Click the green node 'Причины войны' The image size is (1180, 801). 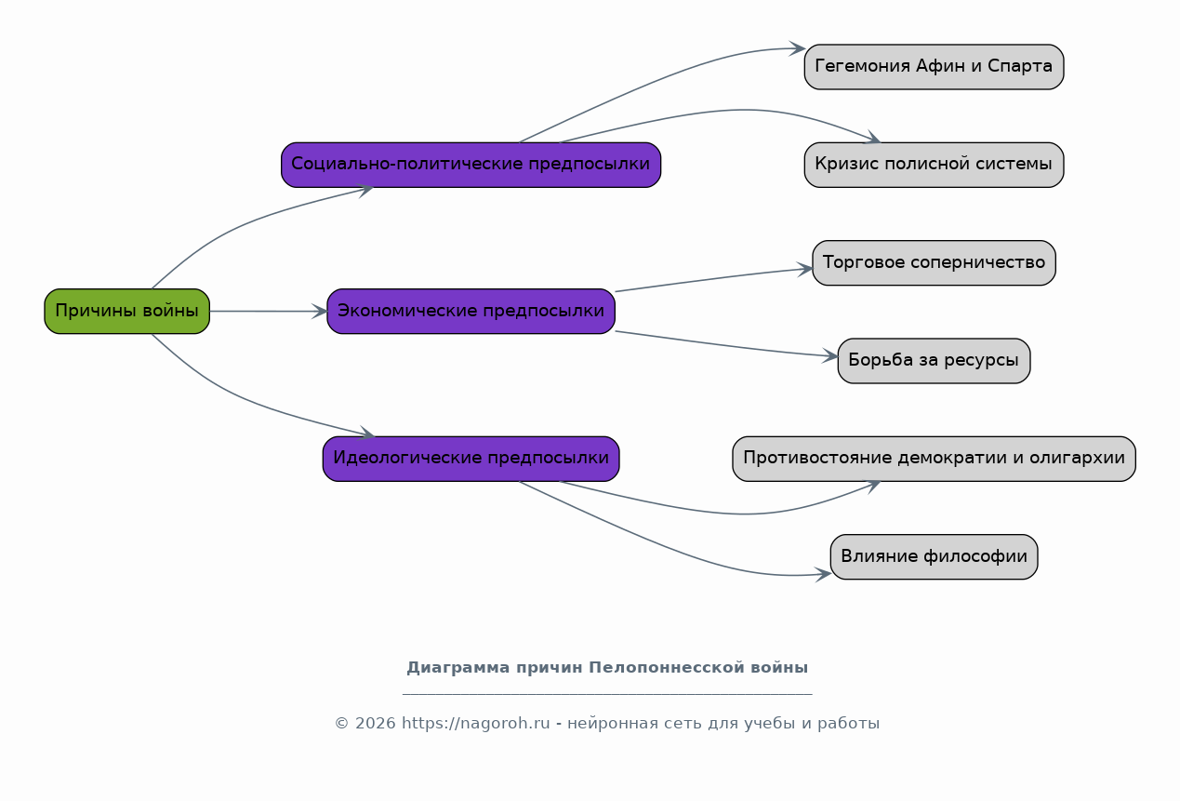point(127,311)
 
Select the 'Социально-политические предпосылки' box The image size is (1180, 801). point(471,165)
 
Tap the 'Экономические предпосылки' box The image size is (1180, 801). point(471,311)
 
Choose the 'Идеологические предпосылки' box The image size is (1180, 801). point(471,459)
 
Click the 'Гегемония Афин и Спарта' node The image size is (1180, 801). point(934,67)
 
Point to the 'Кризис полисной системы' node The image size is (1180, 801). point(934,165)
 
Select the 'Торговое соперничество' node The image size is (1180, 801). point(934,263)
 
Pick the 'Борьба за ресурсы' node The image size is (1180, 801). point(934,360)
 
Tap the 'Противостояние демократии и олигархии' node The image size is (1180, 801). point(934,459)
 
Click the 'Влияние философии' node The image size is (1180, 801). point(934,556)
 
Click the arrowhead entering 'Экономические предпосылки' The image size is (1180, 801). point(320,312)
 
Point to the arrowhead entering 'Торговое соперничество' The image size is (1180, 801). point(805,269)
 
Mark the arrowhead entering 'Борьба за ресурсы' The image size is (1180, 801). point(830,356)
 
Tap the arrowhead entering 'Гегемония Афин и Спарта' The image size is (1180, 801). point(797,48)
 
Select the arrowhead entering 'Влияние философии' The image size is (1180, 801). point(823,574)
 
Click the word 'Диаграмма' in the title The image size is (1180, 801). point(458,668)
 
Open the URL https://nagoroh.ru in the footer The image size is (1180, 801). point(476,723)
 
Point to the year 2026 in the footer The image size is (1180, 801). point(375,723)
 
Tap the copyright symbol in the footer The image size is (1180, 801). point(342,723)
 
